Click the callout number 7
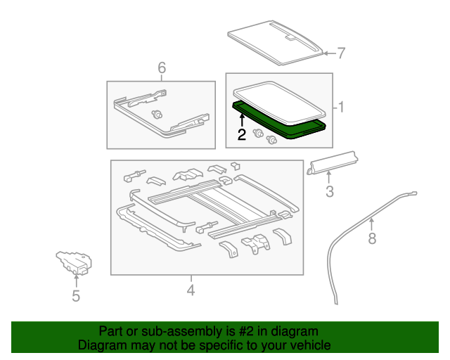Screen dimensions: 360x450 (342, 53)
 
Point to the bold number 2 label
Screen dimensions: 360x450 (241, 135)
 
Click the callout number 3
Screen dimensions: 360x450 (328, 192)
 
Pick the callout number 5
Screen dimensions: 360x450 (76, 297)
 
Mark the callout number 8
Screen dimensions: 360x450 (372, 240)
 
